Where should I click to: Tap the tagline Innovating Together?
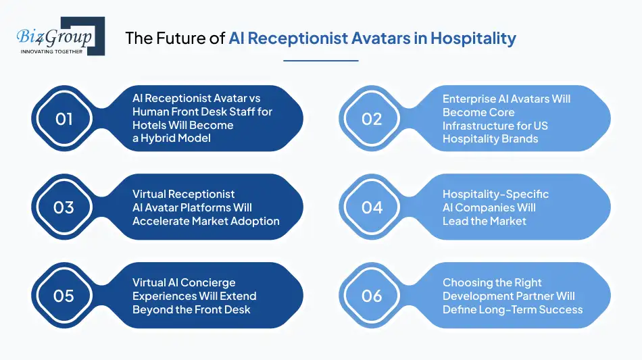click(x=52, y=51)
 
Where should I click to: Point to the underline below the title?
click(x=320, y=60)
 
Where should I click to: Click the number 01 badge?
click(x=64, y=119)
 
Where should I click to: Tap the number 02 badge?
click(x=372, y=119)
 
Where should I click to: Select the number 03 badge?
click(x=64, y=207)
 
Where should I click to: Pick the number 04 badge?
click(x=372, y=207)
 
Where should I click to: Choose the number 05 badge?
click(x=64, y=296)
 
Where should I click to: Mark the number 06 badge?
click(x=372, y=296)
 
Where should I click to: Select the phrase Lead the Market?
click(x=484, y=221)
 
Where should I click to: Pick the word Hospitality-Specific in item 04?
click(x=495, y=194)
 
